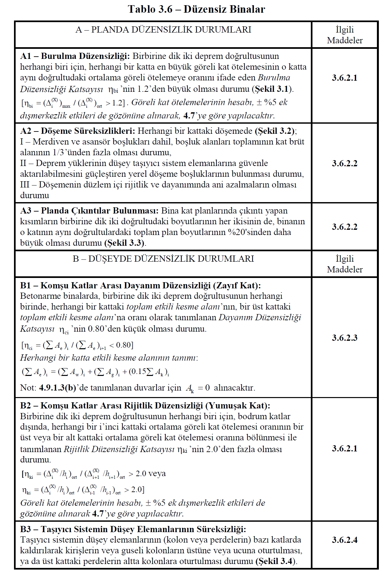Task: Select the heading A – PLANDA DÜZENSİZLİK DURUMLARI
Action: [x=163, y=30]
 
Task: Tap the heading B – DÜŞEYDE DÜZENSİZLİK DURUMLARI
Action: [x=163, y=259]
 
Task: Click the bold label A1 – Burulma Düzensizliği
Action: [x=75, y=56]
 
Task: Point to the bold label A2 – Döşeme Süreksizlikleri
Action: [x=77, y=131]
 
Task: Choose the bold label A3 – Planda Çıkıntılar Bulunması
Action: [x=89, y=211]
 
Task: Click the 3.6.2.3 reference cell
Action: [x=344, y=338]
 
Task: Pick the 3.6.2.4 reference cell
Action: [x=344, y=540]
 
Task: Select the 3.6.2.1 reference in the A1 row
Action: [x=344, y=78]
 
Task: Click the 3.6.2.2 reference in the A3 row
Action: [x=344, y=227]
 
